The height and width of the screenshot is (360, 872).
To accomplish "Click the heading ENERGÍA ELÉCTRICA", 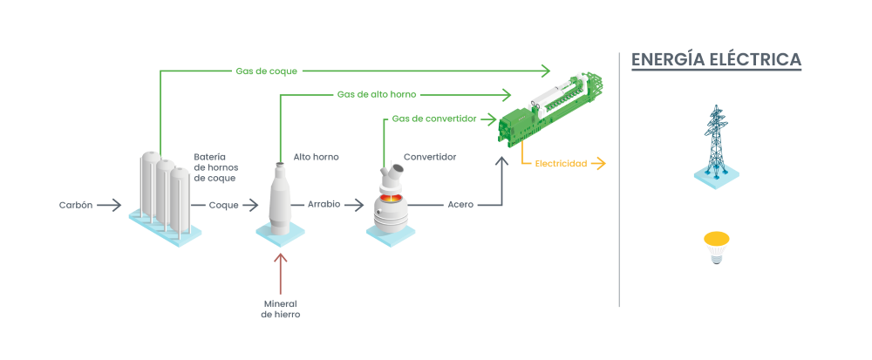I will (716, 59).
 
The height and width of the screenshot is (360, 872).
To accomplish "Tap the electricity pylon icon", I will (716, 144).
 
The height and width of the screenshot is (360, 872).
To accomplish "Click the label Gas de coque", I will (266, 71).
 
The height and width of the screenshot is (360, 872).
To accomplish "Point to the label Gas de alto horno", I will (377, 94).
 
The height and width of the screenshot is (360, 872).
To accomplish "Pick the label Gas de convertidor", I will (433, 118).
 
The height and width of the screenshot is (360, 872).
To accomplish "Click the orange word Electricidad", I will (560, 163).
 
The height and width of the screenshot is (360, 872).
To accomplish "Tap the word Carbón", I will (75, 206).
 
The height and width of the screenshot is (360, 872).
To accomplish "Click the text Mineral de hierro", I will (280, 309).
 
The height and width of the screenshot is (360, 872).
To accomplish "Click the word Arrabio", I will (324, 205).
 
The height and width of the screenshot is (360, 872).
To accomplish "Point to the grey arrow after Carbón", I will (110, 206).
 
